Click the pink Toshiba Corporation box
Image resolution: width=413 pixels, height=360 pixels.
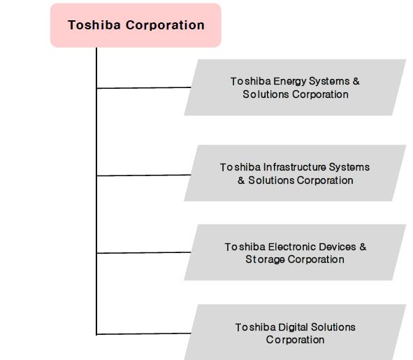click(136, 25)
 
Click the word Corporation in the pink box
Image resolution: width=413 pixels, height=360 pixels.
click(165, 25)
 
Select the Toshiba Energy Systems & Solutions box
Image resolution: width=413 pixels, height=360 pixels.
click(295, 87)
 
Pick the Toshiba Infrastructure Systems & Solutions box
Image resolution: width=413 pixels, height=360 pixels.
click(295, 173)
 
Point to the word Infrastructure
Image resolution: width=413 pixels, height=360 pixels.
click(295, 167)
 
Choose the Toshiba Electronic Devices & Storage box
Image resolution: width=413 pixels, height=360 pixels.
click(295, 252)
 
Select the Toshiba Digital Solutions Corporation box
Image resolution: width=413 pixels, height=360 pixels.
click(295, 332)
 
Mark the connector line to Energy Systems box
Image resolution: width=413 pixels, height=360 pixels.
click(144, 87)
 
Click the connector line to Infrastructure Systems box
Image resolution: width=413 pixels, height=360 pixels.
click(144, 175)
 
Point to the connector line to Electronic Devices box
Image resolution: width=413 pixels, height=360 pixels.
click(144, 253)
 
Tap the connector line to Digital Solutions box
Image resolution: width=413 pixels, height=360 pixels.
click(144, 334)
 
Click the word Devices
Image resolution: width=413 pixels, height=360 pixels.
click(338, 247)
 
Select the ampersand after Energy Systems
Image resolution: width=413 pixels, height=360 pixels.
click(356, 81)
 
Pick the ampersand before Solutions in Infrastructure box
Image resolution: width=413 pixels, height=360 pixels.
click(241, 180)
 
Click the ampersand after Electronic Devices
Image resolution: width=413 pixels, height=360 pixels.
click(363, 247)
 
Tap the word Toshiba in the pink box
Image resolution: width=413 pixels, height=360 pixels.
click(94, 25)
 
